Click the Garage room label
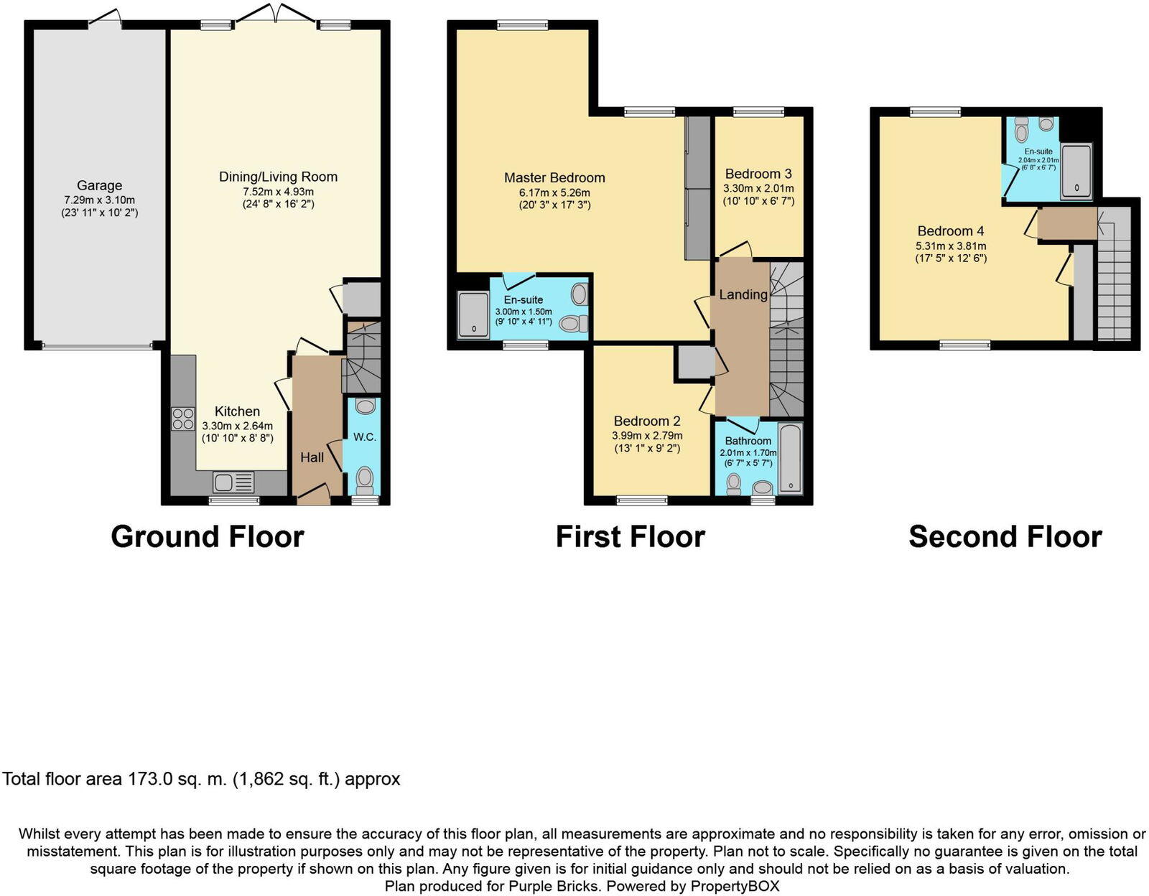coord(99,185)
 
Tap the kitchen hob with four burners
coord(183,419)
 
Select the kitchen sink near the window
coord(234,482)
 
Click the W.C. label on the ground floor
coord(365,437)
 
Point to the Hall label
coord(312,457)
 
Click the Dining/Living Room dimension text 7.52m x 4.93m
coord(278,192)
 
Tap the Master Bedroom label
coord(554,177)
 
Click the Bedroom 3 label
coord(758,174)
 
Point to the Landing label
coord(743,294)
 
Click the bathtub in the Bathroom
coord(790,458)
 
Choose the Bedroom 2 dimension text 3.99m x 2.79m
coord(647,436)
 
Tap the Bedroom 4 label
coord(951,231)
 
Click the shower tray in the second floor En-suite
coord(1076,169)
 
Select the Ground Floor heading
coord(208,536)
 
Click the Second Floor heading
coord(1005,536)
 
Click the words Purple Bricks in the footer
coord(553,886)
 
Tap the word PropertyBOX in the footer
coord(735,886)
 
